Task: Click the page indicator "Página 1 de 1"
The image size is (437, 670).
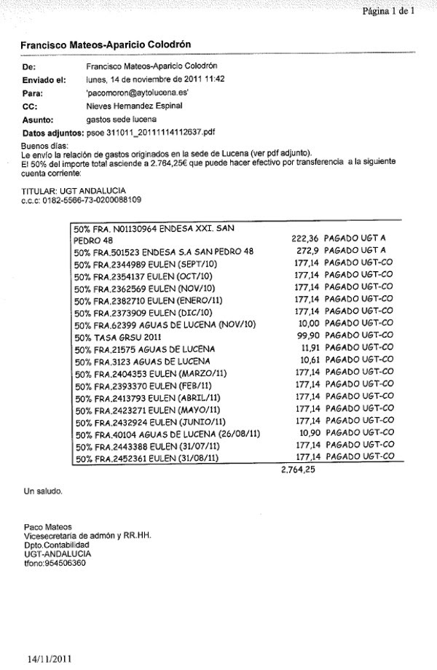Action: point(387,11)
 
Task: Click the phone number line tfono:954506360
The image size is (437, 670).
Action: point(55,563)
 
